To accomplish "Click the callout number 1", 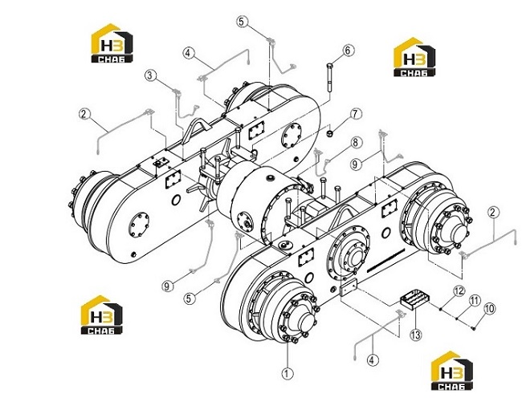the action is [288, 373].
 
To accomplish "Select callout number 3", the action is [150, 75].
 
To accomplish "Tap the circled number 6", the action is [349, 51].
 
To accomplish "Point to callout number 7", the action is [356, 114].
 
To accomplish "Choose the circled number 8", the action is [356, 142].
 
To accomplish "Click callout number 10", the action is [489, 309].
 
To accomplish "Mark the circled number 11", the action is [475, 301].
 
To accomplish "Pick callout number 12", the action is [459, 291].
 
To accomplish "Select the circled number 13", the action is [416, 335].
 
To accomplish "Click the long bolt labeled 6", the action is [330, 78].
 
